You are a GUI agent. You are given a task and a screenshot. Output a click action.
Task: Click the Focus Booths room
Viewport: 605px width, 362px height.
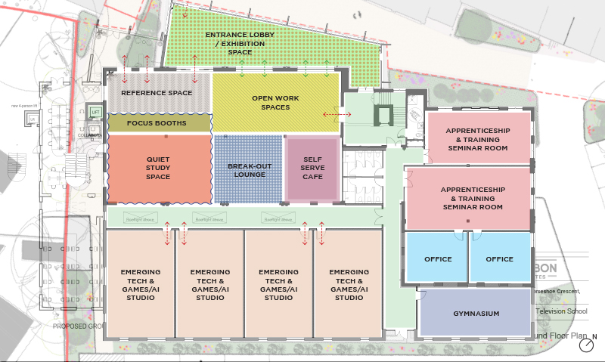(157, 122)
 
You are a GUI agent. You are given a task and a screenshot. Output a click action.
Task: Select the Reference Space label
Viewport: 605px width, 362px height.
(157, 93)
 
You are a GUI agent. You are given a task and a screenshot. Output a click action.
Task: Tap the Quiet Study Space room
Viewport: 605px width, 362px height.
(158, 167)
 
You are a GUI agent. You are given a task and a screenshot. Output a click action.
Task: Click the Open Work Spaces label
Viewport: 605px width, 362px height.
(271, 102)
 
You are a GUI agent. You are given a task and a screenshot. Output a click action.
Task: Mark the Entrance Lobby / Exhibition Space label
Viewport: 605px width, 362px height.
(240, 43)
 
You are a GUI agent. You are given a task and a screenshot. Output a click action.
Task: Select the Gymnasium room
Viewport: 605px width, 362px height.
(476, 313)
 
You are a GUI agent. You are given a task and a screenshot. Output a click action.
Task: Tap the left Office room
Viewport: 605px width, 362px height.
(437, 259)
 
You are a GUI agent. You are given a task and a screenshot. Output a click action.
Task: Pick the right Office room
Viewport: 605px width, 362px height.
(499, 259)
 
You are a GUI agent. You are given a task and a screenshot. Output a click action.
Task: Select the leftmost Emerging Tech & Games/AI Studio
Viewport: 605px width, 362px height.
(141, 284)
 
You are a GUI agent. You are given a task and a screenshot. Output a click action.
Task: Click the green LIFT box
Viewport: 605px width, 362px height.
(95, 112)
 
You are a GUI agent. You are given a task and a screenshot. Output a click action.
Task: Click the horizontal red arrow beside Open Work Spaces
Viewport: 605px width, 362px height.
(337, 114)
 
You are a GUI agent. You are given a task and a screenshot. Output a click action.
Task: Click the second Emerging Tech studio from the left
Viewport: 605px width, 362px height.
(209, 284)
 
